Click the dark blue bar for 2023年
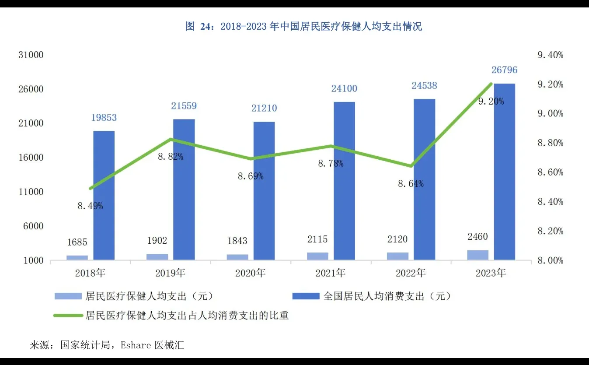tap(504, 175)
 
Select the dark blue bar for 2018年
tap(104, 197)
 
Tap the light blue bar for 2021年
tap(317, 256)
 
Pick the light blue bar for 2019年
tap(157, 257)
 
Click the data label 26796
tap(504, 70)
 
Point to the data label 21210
tap(264, 108)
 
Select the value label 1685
tap(77, 242)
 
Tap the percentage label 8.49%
tap(91, 206)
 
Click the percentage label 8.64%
tap(410, 184)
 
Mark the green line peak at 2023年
tap(491, 84)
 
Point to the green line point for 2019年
tap(171, 140)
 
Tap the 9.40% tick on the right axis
tap(550, 55)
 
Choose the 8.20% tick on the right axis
tap(550, 231)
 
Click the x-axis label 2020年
tap(250, 273)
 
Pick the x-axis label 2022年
tap(411, 273)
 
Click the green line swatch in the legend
tap(68, 315)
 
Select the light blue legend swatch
tap(68, 296)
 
